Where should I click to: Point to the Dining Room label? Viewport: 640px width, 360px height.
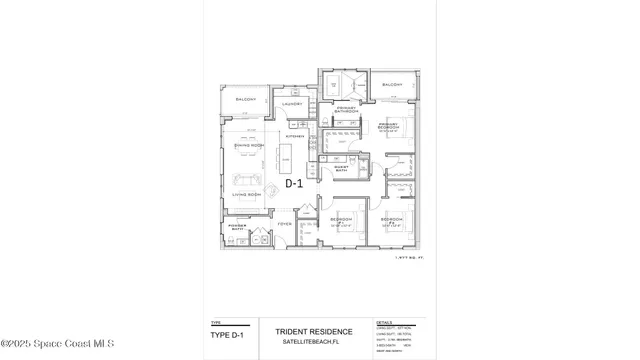[248, 146]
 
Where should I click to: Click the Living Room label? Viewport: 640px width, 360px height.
[246, 194]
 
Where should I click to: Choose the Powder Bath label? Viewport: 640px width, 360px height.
[238, 228]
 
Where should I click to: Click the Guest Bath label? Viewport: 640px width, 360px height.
[341, 169]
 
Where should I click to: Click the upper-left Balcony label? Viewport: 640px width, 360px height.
[246, 100]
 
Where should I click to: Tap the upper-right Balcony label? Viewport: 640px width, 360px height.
[392, 85]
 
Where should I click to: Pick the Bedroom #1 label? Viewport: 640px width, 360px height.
[341, 219]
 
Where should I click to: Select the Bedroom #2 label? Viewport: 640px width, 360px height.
[391, 219]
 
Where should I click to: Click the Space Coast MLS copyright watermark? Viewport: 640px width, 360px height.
[58, 344]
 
